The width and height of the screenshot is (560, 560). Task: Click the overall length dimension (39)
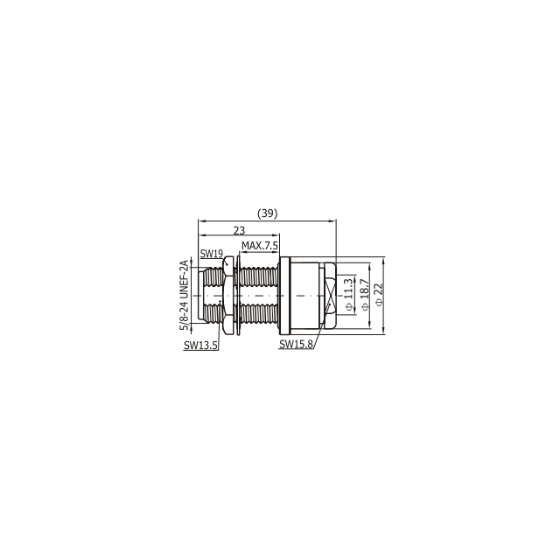(268, 213)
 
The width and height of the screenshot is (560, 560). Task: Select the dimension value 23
(239, 231)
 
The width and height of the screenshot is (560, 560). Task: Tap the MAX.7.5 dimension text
(260, 246)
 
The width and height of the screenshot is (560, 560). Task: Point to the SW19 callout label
(212, 254)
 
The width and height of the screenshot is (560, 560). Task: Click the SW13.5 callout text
(200, 346)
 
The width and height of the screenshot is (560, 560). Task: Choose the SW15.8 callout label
(296, 344)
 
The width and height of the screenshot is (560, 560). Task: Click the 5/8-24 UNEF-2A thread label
(184, 296)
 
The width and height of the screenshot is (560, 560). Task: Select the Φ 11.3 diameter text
(349, 295)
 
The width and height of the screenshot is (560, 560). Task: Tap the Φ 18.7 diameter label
(364, 295)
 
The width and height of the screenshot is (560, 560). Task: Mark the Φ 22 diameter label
(379, 295)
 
